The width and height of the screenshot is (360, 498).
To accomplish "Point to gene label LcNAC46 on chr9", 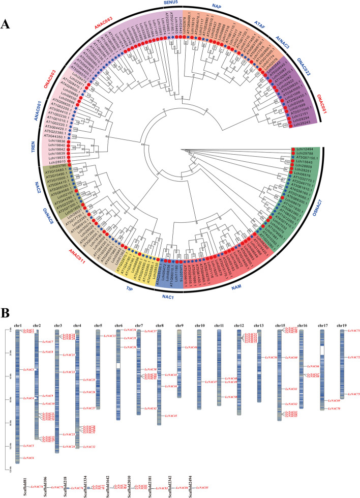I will (190, 347).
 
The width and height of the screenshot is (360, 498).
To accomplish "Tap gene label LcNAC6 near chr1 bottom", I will (28, 458).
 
